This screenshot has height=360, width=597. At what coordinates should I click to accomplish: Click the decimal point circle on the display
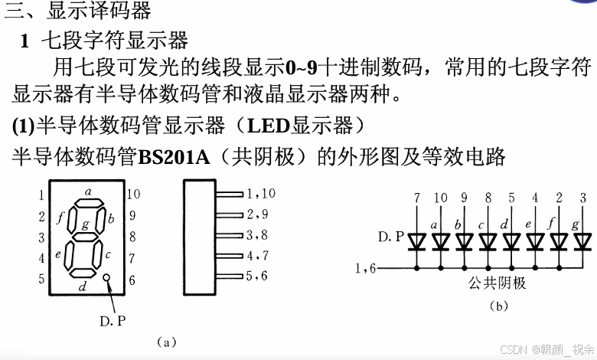107,280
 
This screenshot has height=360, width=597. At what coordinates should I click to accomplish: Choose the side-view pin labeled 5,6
256,276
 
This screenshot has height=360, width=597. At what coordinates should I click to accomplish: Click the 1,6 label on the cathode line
366,268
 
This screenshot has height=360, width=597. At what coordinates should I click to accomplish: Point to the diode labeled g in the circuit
582,242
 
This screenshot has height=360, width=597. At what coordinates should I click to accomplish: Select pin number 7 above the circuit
416,198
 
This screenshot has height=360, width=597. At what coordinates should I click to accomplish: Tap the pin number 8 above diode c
488,198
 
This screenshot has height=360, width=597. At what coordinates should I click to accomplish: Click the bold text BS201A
174,157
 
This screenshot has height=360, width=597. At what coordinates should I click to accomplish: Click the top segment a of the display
88,204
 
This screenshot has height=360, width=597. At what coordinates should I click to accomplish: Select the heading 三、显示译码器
79,11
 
